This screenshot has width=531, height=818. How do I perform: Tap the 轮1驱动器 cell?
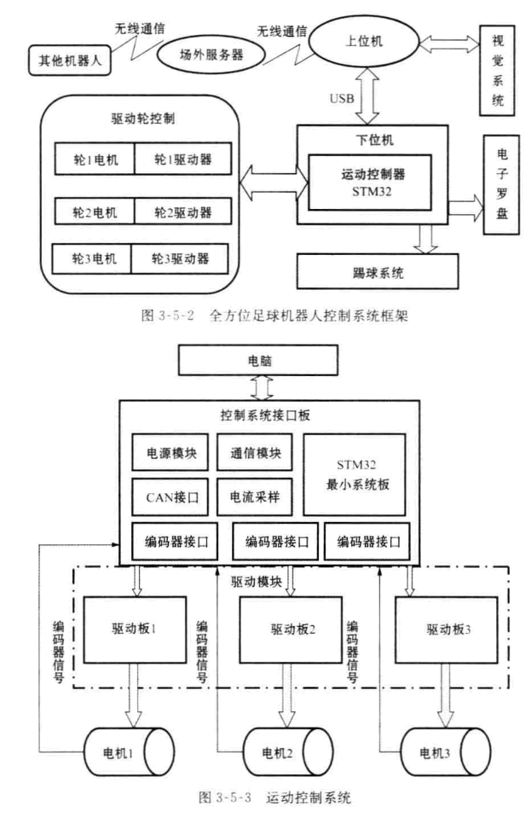point(180,160)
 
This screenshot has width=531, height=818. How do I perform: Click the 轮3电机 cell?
point(92,257)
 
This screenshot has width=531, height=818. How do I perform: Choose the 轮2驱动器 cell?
point(180,211)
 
